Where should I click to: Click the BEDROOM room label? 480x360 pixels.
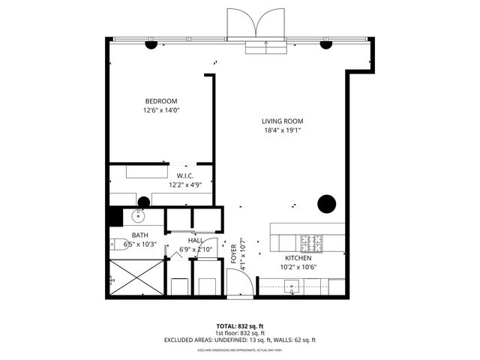point(161,101)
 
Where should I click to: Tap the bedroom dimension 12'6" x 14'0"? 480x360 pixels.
point(161,110)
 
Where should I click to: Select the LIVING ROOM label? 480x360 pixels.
point(282,121)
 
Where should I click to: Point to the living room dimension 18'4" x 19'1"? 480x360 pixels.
point(282,130)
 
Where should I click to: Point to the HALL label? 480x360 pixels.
point(196,240)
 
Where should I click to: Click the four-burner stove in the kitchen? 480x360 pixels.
point(311,243)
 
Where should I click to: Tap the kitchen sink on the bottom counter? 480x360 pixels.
point(293,285)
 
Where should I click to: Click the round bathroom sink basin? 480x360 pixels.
point(137,217)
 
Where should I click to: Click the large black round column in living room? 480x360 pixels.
point(326,202)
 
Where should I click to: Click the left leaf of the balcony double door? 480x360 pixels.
point(240,23)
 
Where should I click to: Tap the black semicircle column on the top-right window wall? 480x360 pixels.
point(326,44)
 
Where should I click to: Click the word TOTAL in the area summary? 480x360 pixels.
point(226,326)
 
